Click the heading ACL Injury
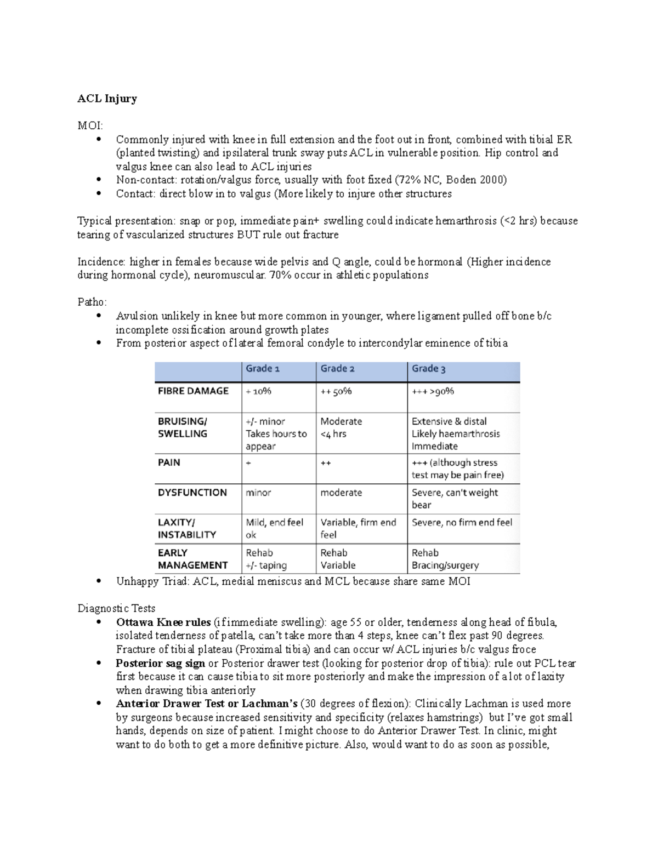107,99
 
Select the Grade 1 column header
262,369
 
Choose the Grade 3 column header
428,369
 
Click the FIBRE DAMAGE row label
193,391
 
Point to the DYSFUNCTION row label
192,493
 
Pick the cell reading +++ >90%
433,391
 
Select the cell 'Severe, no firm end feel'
462,523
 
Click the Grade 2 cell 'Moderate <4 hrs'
341,427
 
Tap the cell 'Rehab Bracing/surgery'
445,559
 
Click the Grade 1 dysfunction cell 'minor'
258,493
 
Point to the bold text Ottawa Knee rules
163,622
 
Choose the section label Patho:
92,302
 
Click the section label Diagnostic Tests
116,608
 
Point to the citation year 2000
491,180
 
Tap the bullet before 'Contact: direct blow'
99,193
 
